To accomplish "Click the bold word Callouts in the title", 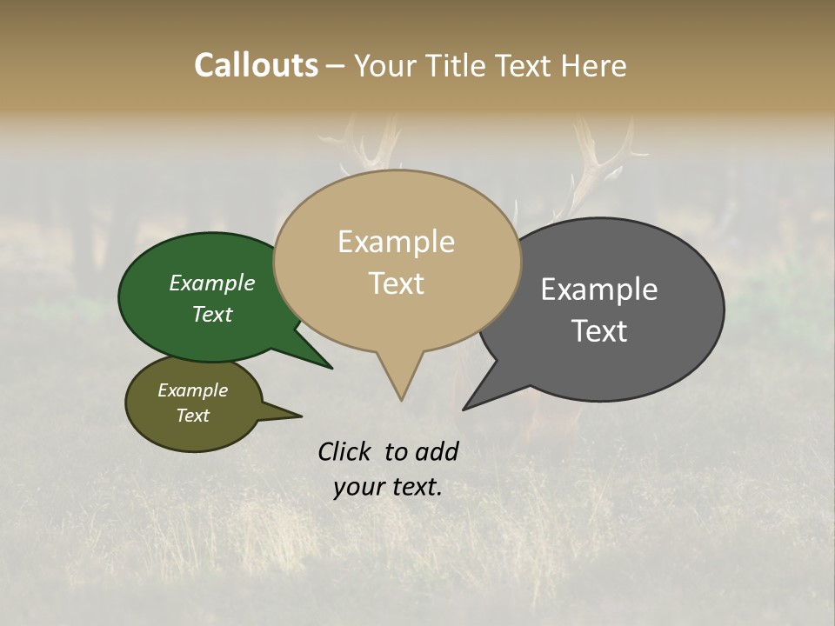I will [256, 65].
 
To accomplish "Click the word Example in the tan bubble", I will [396, 242].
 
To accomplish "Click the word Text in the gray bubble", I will [599, 331].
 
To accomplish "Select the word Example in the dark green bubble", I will [212, 283].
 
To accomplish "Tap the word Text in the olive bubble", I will [193, 416].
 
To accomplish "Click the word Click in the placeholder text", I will [345, 451].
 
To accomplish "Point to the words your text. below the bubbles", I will [387, 487].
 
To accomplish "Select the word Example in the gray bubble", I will [599, 290].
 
